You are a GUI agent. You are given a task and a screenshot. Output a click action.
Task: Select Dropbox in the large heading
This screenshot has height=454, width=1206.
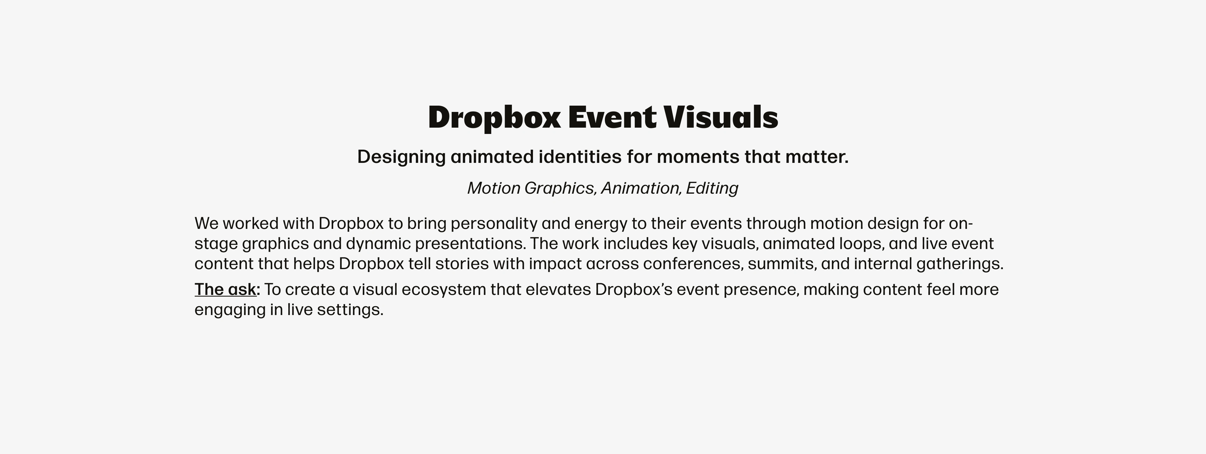click(x=494, y=118)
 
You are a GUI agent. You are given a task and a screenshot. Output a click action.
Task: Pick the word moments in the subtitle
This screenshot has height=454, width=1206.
click(x=698, y=157)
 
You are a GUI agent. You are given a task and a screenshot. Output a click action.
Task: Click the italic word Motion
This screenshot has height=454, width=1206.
click(x=494, y=188)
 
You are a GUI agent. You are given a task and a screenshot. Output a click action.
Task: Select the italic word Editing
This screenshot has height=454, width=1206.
click(x=712, y=188)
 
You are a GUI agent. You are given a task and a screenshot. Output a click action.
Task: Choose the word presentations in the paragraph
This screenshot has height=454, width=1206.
click(x=470, y=244)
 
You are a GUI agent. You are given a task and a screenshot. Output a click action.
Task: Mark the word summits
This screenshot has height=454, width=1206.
click(x=782, y=264)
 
